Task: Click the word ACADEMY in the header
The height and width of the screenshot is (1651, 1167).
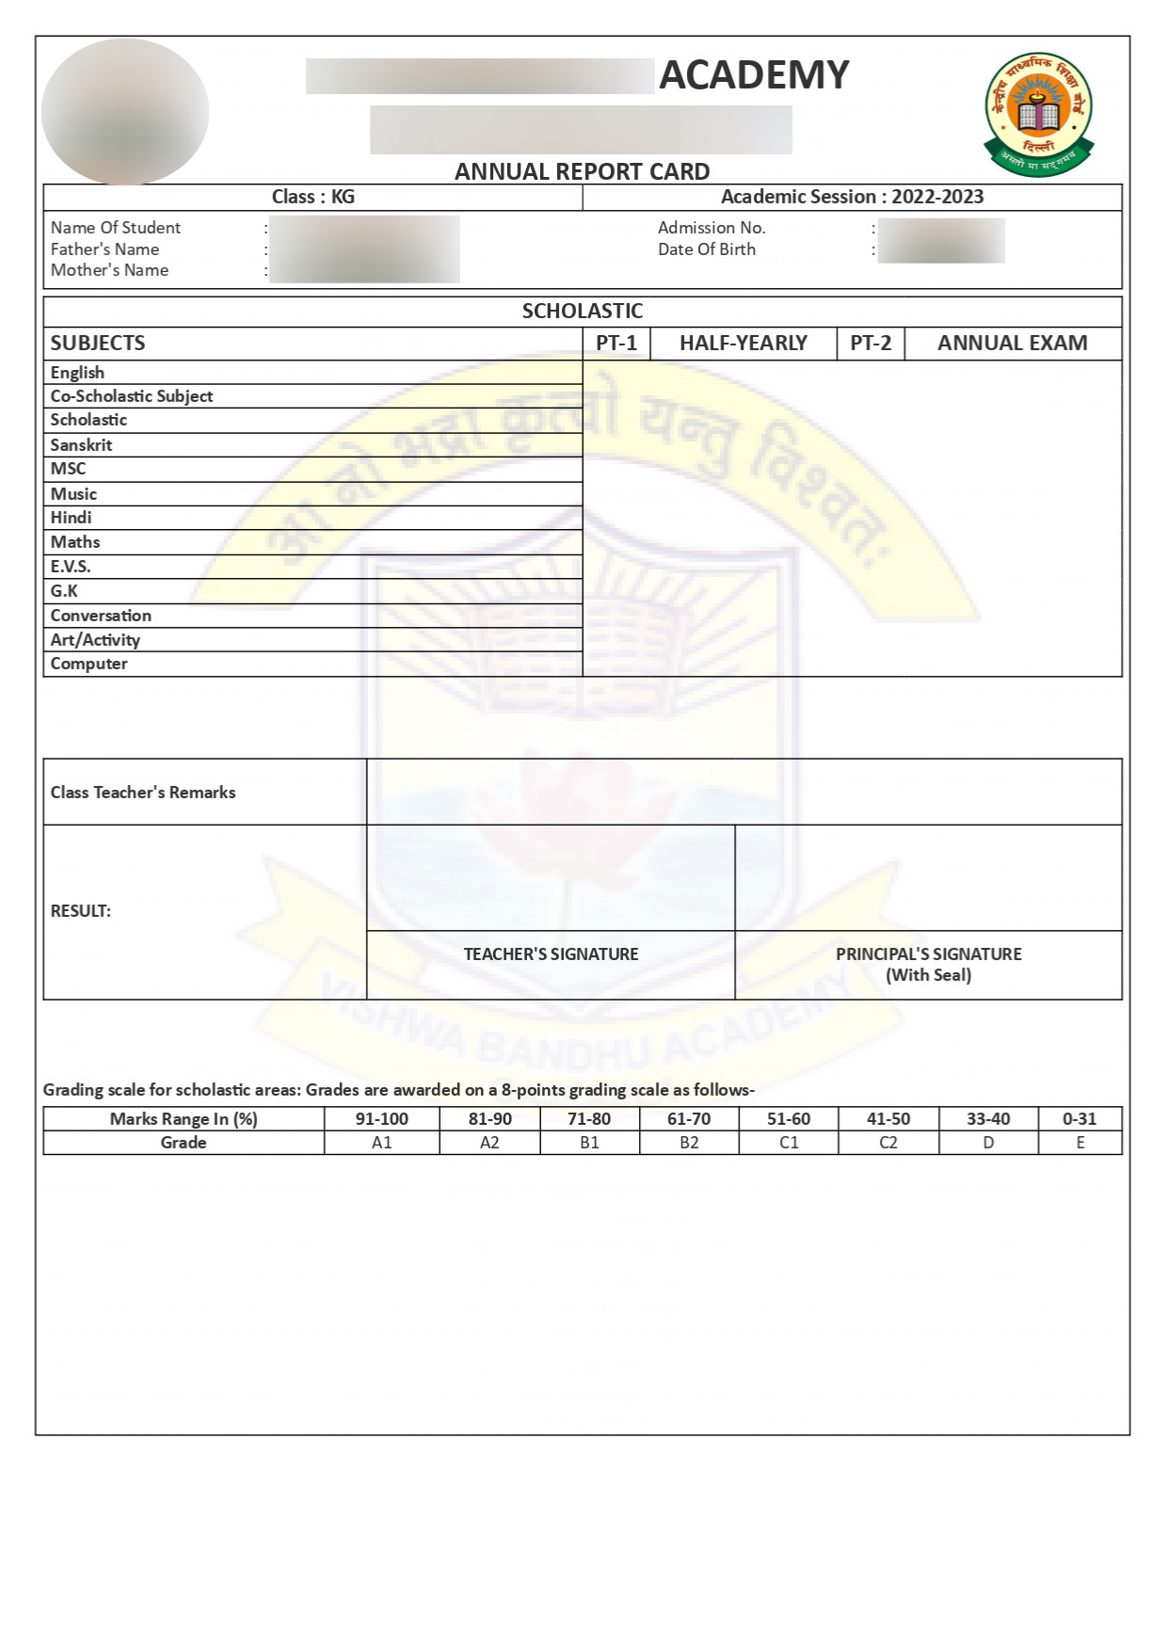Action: tap(754, 75)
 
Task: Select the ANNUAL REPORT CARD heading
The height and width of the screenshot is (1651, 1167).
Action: tap(582, 171)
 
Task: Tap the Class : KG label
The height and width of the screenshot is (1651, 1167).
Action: tap(312, 197)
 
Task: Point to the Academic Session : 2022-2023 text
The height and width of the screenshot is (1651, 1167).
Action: tap(852, 197)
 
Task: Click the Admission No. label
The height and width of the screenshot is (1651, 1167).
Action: tap(711, 228)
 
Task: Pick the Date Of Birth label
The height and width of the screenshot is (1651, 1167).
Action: tap(706, 249)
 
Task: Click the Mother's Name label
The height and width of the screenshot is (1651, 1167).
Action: tap(109, 270)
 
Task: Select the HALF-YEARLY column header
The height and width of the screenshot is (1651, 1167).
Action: tap(743, 344)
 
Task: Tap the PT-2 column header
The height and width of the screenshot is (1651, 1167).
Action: tap(871, 344)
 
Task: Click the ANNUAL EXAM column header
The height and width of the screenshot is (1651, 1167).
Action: tap(1012, 344)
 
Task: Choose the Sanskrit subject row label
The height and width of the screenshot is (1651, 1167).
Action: tap(81, 445)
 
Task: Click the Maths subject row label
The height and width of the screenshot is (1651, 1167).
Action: tap(75, 542)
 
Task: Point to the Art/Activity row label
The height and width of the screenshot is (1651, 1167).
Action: tap(95, 640)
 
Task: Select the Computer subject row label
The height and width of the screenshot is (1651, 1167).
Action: tap(88, 664)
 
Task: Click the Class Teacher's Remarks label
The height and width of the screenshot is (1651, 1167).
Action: tap(143, 793)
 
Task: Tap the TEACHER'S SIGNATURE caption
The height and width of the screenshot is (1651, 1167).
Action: tap(551, 954)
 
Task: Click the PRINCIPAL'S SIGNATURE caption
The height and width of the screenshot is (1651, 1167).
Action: tap(928, 954)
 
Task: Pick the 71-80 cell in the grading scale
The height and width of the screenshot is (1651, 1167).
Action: tap(589, 1119)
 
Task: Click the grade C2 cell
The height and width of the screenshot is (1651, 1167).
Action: tap(888, 1143)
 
